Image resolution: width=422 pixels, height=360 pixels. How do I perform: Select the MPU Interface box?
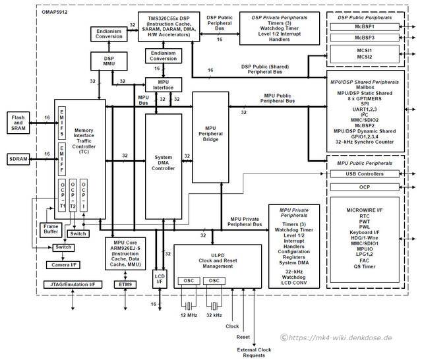[x=163, y=84]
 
